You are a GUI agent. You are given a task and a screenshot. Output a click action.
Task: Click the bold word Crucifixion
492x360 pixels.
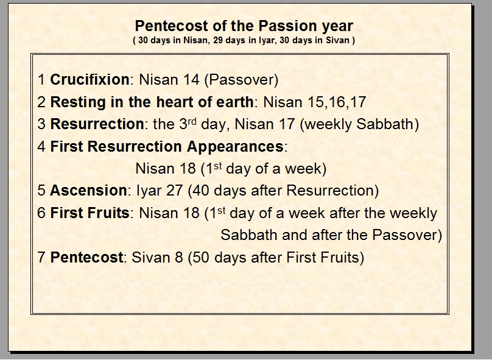tap(90, 80)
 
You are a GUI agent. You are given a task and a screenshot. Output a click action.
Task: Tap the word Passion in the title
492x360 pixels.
tap(289, 26)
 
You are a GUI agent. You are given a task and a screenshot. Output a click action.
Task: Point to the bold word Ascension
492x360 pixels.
tap(88, 191)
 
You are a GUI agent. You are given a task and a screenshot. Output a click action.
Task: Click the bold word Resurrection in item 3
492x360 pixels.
tap(97, 124)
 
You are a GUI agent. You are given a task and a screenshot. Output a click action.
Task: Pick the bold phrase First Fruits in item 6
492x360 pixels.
tap(90, 213)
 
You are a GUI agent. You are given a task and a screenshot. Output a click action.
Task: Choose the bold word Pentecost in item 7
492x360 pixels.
tap(86, 258)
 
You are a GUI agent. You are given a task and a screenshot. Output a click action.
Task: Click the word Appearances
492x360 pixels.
tap(235, 147)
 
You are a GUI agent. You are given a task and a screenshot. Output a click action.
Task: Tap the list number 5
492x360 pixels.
tap(41, 191)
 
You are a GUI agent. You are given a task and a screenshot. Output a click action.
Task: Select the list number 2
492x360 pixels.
tap(41, 102)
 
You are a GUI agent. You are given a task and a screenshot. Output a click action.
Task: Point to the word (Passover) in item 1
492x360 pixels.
tap(241, 80)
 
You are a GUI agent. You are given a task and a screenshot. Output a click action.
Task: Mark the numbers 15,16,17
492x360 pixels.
tap(337, 102)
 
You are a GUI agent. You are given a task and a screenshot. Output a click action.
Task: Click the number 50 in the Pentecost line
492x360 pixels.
tap(200, 258)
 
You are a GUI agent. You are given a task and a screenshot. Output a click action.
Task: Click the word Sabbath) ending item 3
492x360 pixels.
tap(388, 124)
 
